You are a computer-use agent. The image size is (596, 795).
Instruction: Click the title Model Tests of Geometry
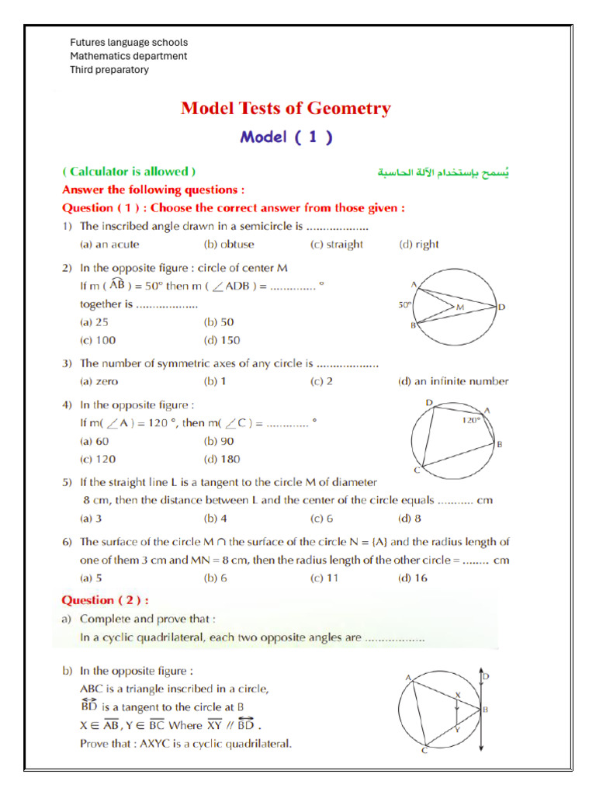click(x=286, y=108)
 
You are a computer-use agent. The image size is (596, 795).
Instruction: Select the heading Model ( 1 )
click(x=286, y=137)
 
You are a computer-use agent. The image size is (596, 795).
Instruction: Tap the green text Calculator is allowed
click(x=129, y=172)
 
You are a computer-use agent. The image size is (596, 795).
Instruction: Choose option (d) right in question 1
click(x=418, y=245)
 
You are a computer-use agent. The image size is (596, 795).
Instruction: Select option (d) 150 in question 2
click(x=222, y=340)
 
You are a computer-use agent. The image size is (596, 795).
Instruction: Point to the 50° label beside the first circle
click(x=404, y=305)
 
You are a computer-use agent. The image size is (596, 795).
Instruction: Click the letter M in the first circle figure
click(x=459, y=308)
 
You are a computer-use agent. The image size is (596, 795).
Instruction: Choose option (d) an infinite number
click(x=453, y=381)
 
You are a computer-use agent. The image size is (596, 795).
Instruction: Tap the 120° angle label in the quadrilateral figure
click(x=471, y=420)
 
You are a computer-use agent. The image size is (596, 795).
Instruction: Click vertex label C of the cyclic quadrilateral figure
click(x=417, y=471)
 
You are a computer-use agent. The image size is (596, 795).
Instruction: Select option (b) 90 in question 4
click(x=219, y=441)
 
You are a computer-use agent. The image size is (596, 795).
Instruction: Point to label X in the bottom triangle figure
click(x=457, y=695)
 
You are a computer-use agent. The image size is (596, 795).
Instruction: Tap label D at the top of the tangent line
click(x=487, y=677)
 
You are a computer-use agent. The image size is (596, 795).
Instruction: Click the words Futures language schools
click(x=129, y=43)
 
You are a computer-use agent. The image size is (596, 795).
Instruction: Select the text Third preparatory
click(x=109, y=70)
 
